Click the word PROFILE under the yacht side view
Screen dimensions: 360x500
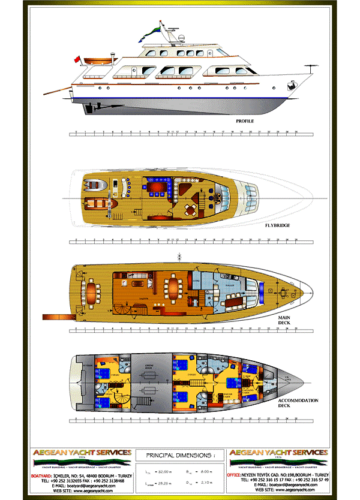point(245,121)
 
